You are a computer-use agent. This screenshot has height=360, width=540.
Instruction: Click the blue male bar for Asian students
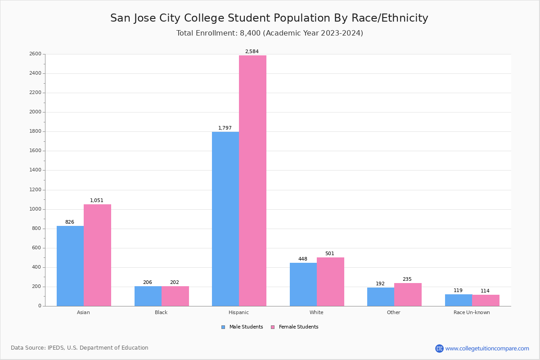pos(70,266)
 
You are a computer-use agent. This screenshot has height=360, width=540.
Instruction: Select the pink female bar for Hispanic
pos(252,180)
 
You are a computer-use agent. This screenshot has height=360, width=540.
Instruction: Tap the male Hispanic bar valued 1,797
pos(225,219)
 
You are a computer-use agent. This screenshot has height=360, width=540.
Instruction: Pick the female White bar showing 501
pos(330,282)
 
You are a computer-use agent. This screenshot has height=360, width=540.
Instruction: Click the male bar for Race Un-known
pos(459,300)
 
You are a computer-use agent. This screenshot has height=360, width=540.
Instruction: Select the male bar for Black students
pos(148,296)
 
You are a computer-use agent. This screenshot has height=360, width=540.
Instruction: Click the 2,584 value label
pos(252,51)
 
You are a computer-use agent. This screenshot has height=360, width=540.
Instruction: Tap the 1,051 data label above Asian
pos(97,200)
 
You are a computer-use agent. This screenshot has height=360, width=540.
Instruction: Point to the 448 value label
pos(303,259)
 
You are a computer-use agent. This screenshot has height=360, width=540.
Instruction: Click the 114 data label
pos(485,291)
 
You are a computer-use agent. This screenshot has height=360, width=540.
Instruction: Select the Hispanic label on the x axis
pos(238,312)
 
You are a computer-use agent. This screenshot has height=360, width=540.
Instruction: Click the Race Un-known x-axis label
pos(472,312)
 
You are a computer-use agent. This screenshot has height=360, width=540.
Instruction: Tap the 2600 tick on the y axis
pos(35,54)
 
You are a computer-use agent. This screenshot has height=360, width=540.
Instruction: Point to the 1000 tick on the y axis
pos(35,209)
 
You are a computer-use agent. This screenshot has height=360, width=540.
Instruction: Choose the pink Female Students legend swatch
pos(273,327)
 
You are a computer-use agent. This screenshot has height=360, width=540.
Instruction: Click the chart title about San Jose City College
pos(269,18)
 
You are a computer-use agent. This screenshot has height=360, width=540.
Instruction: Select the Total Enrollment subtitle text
pos(270,33)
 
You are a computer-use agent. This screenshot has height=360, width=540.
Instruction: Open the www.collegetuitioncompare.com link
pos(487,348)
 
